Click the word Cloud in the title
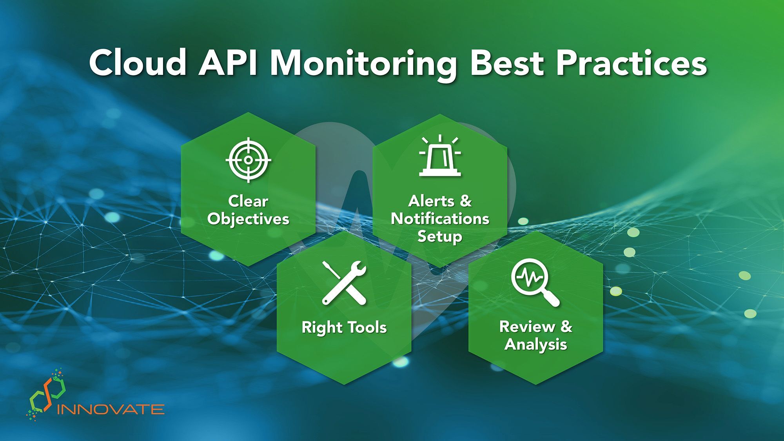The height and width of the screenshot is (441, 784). point(137,63)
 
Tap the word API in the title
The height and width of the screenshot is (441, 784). point(228,63)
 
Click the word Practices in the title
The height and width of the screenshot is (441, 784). point(632,63)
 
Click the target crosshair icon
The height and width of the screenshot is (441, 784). point(249,160)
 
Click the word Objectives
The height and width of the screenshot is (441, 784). point(248,219)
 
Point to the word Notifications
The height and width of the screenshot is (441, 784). point(440,218)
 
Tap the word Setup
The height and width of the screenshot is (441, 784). point(440,236)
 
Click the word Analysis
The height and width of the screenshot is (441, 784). point(535,345)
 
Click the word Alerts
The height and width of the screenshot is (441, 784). point(431,201)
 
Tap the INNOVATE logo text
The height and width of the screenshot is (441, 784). point(111,410)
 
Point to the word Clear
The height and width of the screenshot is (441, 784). point(248,201)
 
